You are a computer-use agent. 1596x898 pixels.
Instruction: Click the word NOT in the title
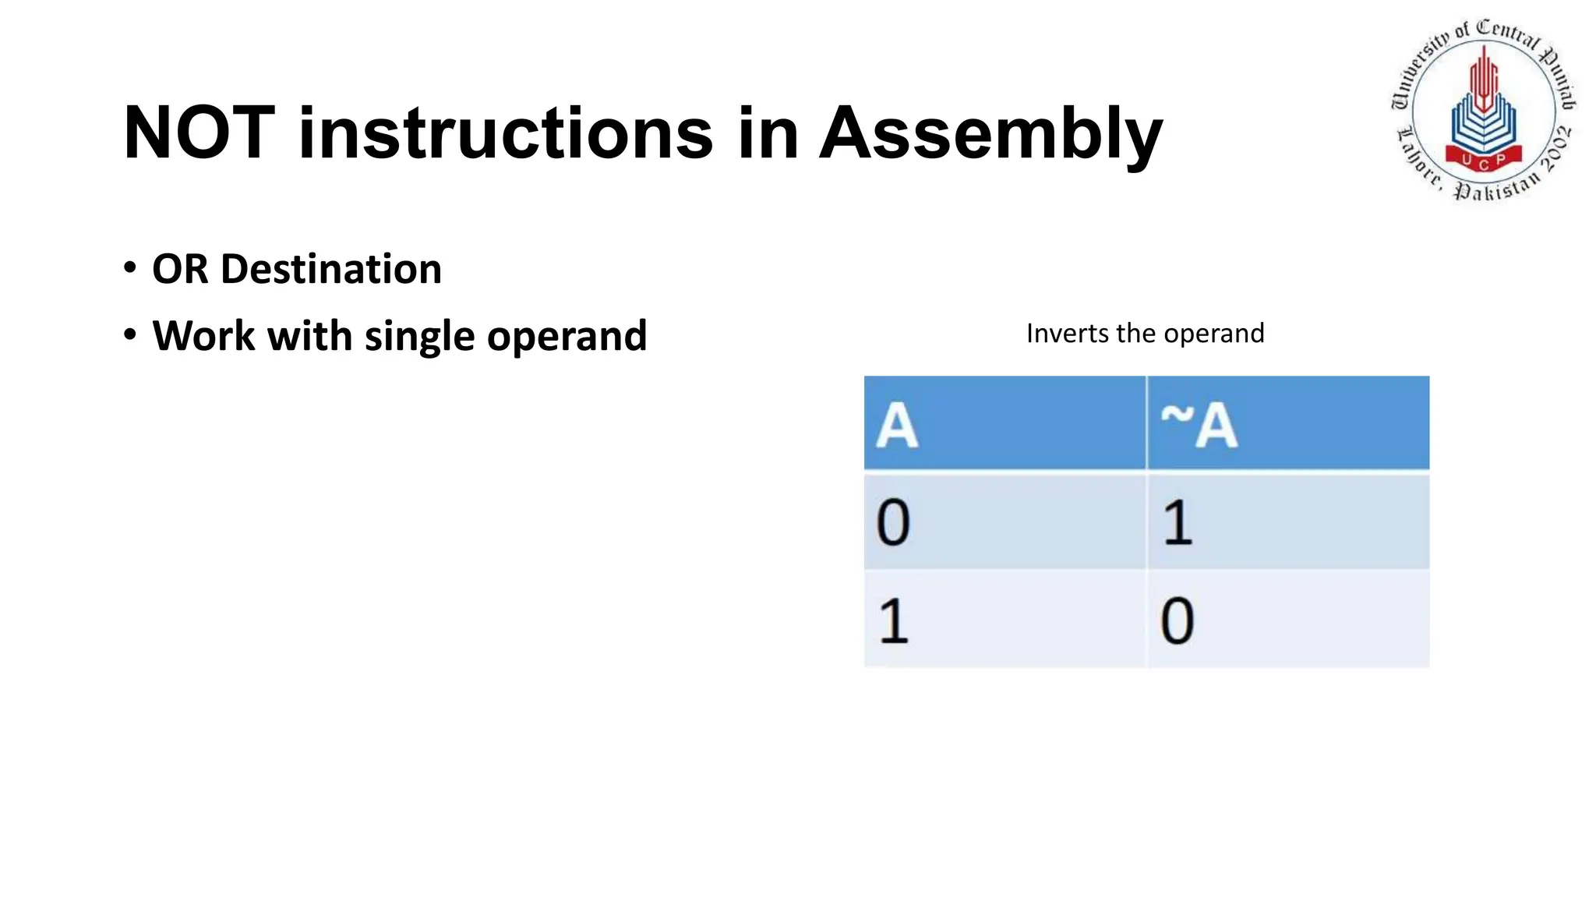[x=199, y=133]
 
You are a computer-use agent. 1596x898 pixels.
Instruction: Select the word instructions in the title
[x=505, y=133]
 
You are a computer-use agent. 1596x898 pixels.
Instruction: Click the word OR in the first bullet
[x=180, y=269]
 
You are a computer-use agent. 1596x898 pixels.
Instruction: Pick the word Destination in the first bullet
[x=331, y=269]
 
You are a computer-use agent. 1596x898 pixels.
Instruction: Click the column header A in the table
[x=897, y=426]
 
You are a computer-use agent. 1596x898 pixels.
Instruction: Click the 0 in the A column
[x=893, y=522]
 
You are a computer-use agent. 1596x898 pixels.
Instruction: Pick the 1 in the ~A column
[x=1178, y=522]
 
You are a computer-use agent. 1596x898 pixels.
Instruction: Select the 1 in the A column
[x=893, y=620]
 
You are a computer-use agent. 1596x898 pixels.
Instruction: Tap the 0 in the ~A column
[x=1177, y=620]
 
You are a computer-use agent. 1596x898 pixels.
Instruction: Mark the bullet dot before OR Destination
[x=130, y=268]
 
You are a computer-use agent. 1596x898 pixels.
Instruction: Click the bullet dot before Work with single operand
[x=130, y=335]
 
